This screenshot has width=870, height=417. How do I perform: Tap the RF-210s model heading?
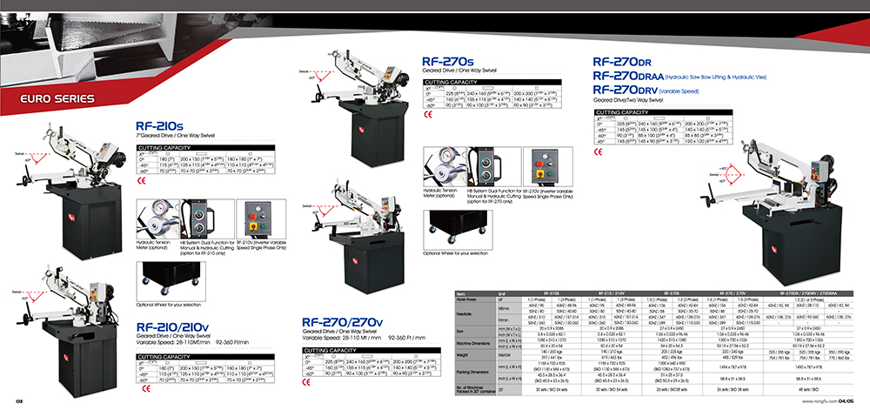click(x=159, y=127)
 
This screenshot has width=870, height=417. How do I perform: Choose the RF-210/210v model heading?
click(x=171, y=329)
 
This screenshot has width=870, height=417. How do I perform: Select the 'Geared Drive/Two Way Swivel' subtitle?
click(x=627, y=101)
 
